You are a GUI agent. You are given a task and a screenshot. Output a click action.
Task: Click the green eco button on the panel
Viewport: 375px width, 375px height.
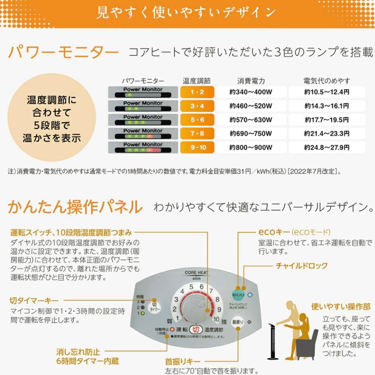tap(239, 295)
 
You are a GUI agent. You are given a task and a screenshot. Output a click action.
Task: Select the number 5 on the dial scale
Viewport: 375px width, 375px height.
tap(191, 287)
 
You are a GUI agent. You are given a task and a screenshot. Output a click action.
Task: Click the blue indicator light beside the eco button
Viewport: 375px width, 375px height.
tap(250, 295)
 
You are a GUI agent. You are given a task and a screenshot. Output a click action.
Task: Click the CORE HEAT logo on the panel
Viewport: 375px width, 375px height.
tap(197, 273)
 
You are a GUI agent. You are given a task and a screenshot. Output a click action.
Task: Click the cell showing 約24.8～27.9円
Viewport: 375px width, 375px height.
tap(326, 147)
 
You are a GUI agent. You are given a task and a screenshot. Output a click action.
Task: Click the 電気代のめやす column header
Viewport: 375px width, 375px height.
tap(326, 81)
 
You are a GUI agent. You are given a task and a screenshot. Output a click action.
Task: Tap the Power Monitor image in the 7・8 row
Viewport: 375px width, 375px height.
tap(143, 133)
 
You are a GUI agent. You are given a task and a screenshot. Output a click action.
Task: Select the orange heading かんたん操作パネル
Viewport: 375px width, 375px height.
tap(75, 207)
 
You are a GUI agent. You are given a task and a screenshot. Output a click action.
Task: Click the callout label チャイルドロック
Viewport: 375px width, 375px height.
tap(301, 266)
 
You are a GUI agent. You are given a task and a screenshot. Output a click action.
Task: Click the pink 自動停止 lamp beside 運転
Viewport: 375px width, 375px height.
tap(172, 329)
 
